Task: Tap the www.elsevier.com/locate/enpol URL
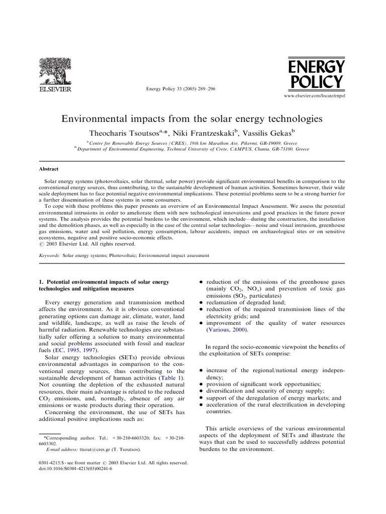pyautogui.click(x=315, y=95)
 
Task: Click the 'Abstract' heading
pyautogui.click(x=49, y=169)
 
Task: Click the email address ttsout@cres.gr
pyautogui.click(x=95, y=450)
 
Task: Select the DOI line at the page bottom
pyautogui.click(x=75, y=468)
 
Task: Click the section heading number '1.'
pyautogui.click(x=41, y=282)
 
